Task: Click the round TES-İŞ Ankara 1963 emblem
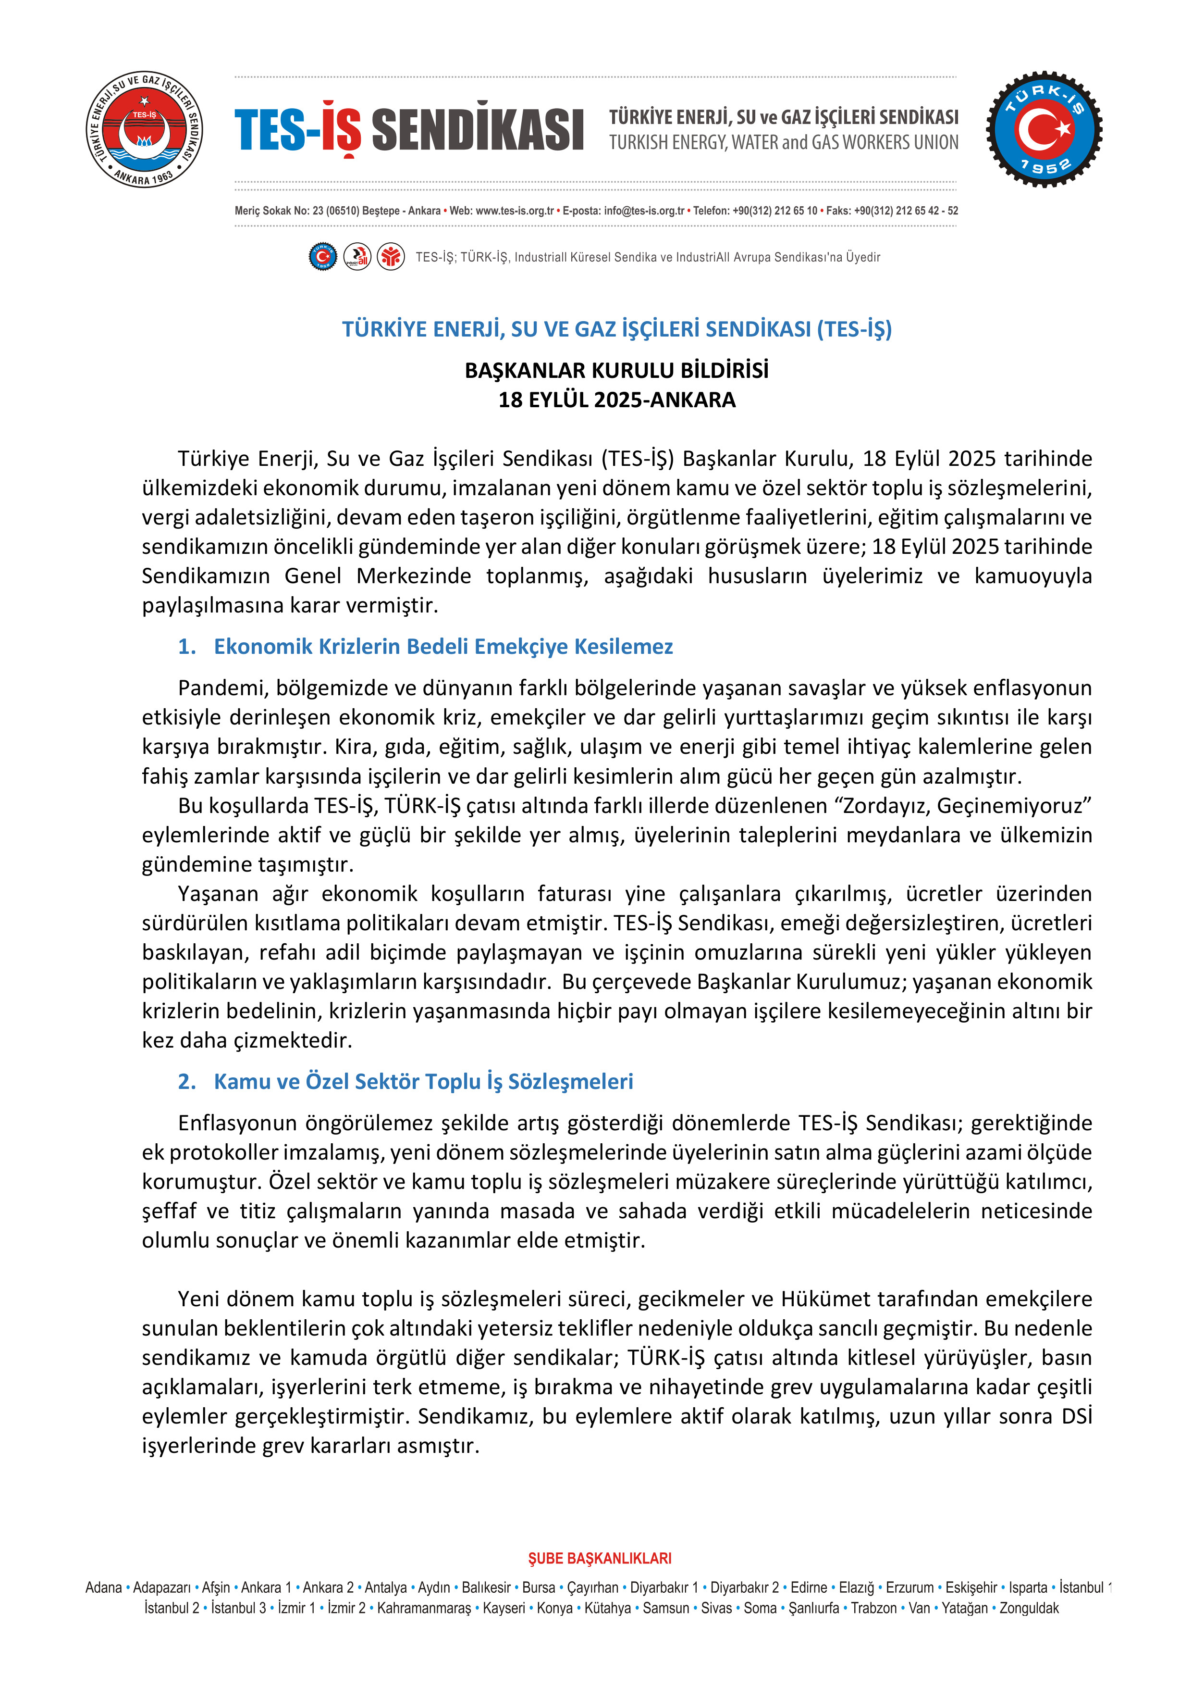144,129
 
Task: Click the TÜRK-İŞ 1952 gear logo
1044,129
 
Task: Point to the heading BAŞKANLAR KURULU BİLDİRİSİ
616,370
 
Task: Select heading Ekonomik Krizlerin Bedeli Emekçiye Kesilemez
443,647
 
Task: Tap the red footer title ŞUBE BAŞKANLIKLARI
599,1559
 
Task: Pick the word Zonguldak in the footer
1029,1608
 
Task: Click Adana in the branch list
104,1588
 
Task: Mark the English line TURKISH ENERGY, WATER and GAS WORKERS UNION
783,142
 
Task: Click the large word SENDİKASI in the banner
478,130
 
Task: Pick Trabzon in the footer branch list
873,1608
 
